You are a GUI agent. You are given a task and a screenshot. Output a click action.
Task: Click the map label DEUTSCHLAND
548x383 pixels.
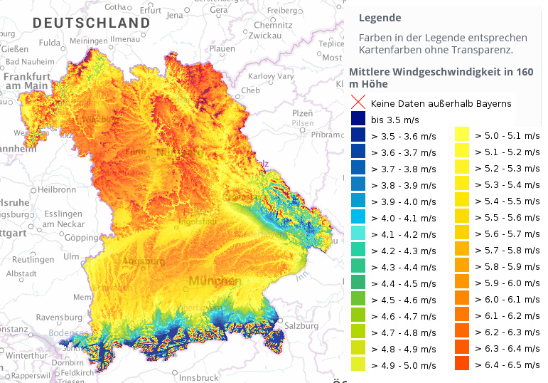click(x=92, y=23)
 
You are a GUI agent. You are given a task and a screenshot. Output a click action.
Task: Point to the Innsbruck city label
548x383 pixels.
click(x=198, y=377)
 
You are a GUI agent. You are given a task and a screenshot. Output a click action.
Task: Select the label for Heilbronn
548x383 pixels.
click(x=56, y=190)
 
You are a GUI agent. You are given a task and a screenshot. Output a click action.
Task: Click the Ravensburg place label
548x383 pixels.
click(x=59, y=317)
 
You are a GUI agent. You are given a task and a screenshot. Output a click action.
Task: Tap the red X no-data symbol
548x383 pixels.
click(x=358, y=103)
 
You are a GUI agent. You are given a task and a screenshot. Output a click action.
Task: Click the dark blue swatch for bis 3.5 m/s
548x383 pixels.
click(x=358, y=119)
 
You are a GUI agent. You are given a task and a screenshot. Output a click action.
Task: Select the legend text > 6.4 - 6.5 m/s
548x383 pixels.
click(x=507, y=364)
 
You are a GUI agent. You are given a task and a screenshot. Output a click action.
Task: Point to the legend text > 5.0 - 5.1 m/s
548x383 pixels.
click(x=507, y=135)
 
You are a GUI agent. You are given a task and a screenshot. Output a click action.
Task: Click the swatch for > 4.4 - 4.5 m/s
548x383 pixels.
click(x=358, y=283)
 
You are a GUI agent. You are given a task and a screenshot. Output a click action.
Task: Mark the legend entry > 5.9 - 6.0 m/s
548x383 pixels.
click(x=507, y=283)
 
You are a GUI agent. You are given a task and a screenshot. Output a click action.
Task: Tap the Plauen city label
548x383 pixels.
click(x=222, y=49)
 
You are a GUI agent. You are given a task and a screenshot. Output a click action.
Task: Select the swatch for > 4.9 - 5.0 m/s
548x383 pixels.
click(x=358, y=364)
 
